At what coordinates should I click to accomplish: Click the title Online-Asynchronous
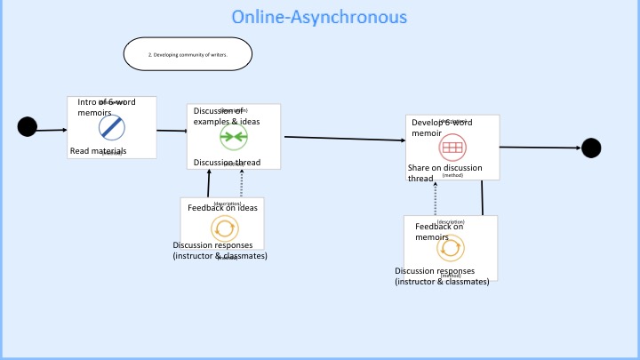point(319,17)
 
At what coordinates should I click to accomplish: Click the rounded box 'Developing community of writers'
point(188,54)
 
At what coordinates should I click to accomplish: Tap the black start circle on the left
point(28,127)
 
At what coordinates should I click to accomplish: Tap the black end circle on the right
point(591,148)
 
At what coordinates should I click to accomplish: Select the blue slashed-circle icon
point(111,127)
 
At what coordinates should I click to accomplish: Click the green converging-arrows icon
point(233,137)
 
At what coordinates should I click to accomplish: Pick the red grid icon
point(452,147)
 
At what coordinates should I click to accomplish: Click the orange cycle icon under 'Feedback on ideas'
point(224,228)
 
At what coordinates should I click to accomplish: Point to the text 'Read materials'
point(98,151)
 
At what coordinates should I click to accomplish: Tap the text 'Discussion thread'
point(227,163)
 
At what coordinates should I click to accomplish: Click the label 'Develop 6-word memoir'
point(441,127)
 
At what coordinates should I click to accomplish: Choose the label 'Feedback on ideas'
point(222,208)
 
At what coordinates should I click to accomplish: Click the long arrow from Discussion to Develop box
point(344,139)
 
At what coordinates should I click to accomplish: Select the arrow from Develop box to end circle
point(540,148)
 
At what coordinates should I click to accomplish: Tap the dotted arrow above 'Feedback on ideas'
point(241,182)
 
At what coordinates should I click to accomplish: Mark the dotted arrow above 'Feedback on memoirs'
point(435,198)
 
